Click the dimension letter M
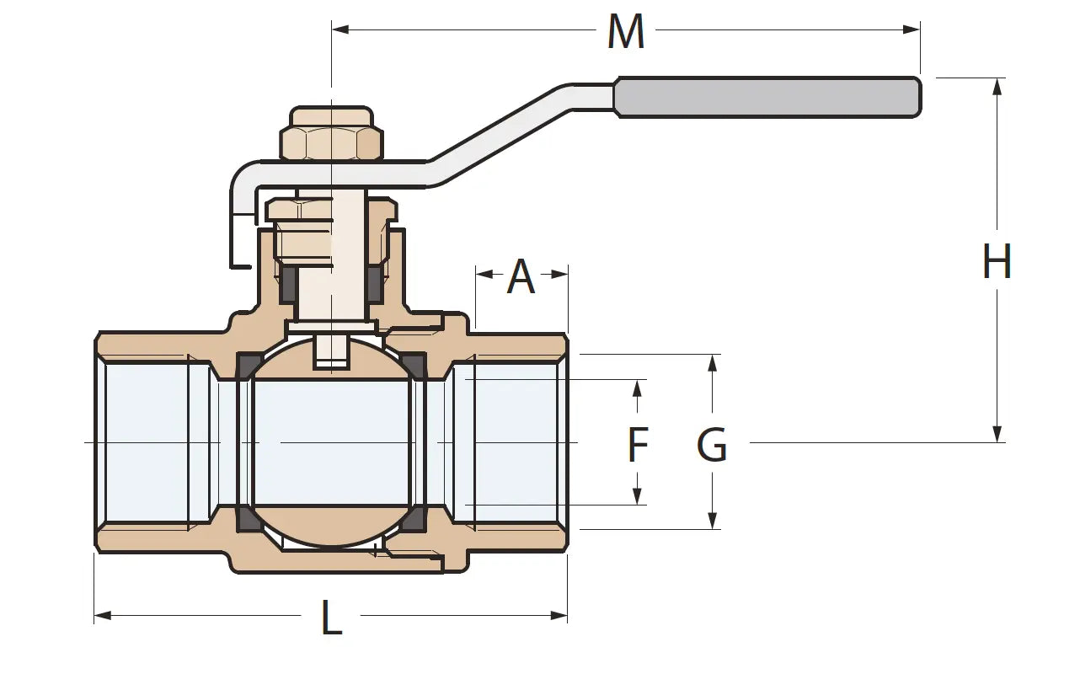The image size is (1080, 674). [x=626, y=32]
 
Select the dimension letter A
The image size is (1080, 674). [x=521, y=277]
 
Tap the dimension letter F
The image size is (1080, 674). [x=638, y=446]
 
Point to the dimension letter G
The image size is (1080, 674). [x=712, y=446]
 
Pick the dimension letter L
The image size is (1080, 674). [x=331, y=618]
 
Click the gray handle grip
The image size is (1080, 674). [x=767, y=97]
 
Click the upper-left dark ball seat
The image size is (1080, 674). [x=246, y=366]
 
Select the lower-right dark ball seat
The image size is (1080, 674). [x=413, y=519]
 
